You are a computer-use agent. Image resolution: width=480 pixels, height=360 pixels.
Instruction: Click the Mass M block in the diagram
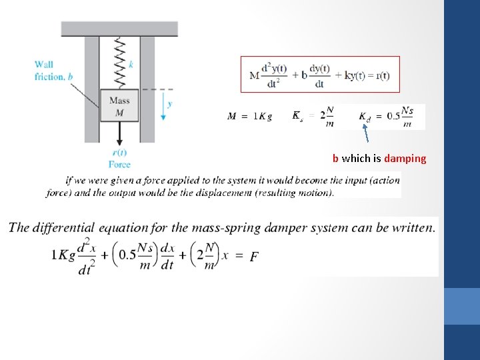coord(119,105)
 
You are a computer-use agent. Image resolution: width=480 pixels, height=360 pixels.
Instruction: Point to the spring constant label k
coord(131,64)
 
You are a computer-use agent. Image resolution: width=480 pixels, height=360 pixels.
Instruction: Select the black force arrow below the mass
coord(120,134)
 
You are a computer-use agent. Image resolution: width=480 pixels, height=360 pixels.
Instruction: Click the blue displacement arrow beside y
coord(163,106)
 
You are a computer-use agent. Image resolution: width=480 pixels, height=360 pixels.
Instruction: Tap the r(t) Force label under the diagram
coord(120,159)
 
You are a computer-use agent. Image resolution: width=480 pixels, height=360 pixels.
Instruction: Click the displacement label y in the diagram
coord(170,104)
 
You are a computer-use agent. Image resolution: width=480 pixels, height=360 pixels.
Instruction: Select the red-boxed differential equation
coord(320,74)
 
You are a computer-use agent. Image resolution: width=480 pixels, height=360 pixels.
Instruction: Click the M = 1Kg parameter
coord(250,117)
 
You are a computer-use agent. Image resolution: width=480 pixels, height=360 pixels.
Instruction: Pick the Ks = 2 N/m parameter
coord(313,117)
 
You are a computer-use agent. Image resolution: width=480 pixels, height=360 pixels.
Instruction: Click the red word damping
coord(405,159)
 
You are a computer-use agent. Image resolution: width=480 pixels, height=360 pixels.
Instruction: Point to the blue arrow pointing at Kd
coord(365,136)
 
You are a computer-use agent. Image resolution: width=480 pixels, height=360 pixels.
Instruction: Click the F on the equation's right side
coord(254,256)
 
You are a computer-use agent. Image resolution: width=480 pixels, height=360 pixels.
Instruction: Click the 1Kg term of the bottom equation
coord(63,256)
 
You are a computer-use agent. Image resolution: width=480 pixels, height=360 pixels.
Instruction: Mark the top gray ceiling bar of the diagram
coord(119,29)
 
